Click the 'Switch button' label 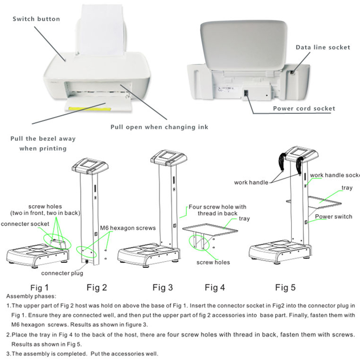[36, 19]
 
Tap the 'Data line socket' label [323, 47]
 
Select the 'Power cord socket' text [304, 108]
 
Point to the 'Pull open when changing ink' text [160, 127]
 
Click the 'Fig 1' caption [40, 287]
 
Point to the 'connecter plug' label [62, 273]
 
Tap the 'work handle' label [251, 182]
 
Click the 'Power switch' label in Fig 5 [333, 216]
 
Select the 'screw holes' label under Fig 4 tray [213, 262]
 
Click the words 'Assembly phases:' [31, 297]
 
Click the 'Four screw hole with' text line [217, 207]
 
